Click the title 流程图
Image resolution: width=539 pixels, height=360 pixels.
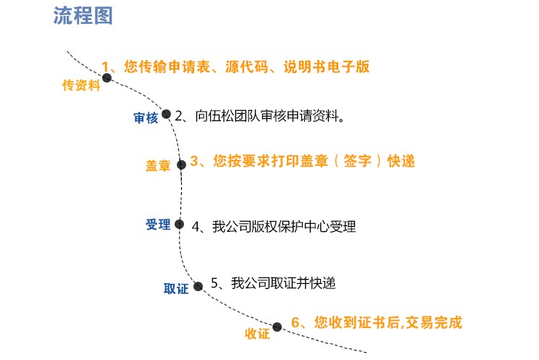[83, 15]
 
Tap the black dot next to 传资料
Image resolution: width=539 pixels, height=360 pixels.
[107, 78]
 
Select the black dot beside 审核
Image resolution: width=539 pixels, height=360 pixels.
[166, 114]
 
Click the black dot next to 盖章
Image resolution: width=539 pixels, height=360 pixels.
[182, 164]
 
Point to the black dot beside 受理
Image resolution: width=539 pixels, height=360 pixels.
[179, 224]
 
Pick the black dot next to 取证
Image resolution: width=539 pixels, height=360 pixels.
[198, 286]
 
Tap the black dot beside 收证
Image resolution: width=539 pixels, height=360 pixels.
[277, 327]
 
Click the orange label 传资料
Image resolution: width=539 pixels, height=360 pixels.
[81, 85]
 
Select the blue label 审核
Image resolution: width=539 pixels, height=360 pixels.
[146, 117]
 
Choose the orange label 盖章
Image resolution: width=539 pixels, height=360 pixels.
[158, 166]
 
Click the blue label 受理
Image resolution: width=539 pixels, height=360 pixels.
[158, 225]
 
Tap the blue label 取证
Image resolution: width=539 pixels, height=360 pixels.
[176, 288]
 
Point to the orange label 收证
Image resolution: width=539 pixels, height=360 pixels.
[257, 333]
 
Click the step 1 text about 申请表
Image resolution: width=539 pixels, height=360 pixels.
[235, 67]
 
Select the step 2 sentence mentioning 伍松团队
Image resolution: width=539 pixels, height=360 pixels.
[259, 116]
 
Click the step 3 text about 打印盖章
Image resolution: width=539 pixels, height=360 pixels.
[303, 161]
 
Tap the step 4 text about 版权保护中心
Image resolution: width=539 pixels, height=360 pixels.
[274, 227]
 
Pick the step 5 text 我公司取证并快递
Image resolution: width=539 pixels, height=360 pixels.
[273, 283]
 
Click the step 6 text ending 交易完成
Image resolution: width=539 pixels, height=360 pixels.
[377, 322]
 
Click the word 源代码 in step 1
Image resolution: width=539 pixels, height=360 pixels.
[247, 67]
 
